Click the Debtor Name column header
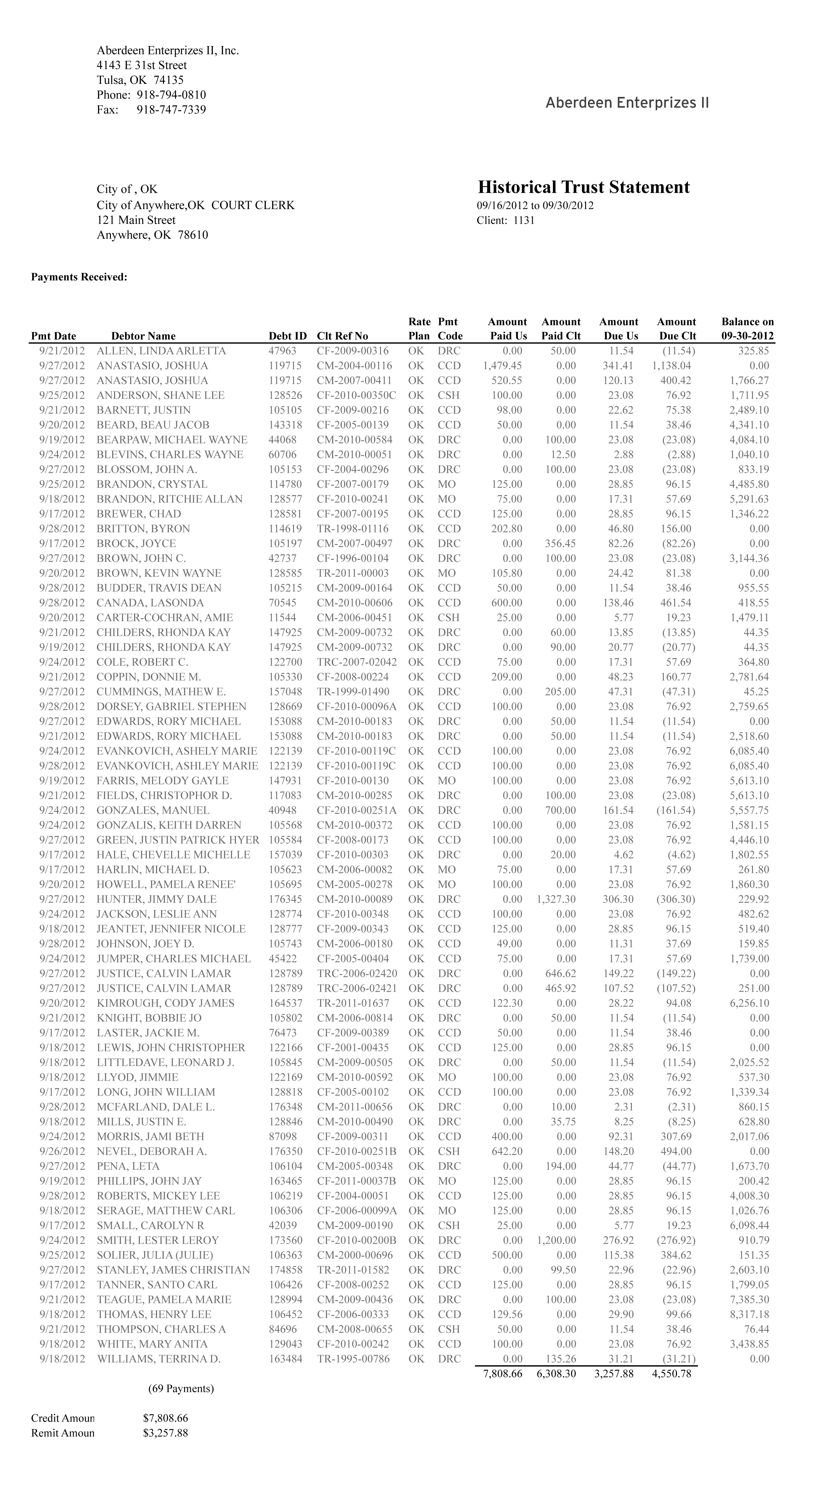tap(143, 336)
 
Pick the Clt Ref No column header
tap(342, 336)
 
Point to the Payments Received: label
tap(79, 277)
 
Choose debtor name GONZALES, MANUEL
tap(153, 810)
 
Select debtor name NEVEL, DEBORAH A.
tap(152, 1151)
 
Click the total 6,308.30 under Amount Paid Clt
tap(556, 1373)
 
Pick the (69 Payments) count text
tap(181, 1388)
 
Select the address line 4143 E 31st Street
tap(142, 65)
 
